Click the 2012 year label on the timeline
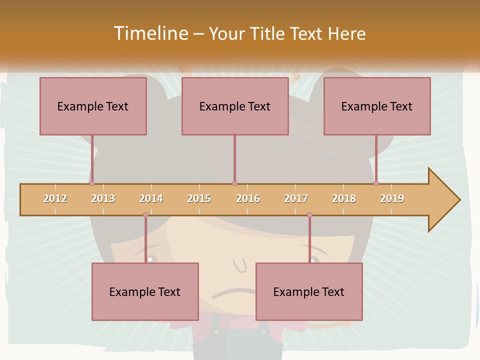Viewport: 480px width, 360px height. [55, 198]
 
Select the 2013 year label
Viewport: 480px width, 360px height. [103, 198]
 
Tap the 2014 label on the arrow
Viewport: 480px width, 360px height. [151, 198]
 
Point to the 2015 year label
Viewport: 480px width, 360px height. [199, 198]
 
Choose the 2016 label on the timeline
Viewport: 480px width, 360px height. [248, 198]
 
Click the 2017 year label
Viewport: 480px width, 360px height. [296, 198]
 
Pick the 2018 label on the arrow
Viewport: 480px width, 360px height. [344, 198]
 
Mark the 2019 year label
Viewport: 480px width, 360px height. [392, 198]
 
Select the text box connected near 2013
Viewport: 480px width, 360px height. [93, 106]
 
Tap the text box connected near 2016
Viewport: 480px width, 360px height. [235, 106]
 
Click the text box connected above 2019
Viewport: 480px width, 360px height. [377, 106]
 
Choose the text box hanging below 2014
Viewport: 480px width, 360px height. [145, 291]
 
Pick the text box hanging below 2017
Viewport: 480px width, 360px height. [309, 291]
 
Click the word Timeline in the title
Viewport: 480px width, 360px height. [150, 33]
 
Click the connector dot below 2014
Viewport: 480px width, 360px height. [145, 215]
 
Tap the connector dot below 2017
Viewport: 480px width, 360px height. [309, 215]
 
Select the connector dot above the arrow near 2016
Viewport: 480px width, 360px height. [234, 183]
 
